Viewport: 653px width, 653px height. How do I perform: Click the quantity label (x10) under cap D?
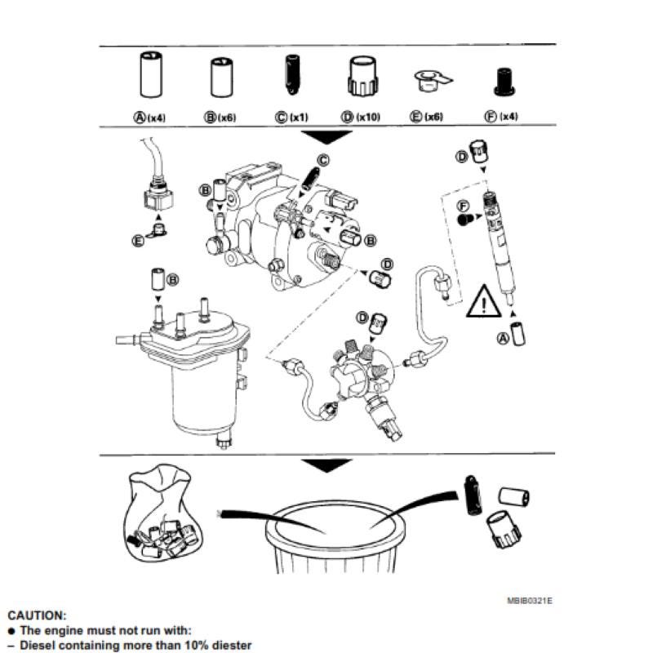point(368,117)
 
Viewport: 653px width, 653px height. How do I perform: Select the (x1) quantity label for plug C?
point(299,117)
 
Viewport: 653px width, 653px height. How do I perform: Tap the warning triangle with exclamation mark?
point(483,301)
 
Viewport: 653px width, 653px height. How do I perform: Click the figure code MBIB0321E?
point(529,601)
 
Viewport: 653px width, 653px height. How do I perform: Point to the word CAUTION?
point(37,615)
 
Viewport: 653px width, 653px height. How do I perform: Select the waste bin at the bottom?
point(335,537)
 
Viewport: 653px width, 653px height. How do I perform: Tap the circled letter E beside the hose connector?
point(138,241)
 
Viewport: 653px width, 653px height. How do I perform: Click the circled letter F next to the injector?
point(463,206)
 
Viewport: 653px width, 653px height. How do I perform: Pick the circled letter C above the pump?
point(323,160)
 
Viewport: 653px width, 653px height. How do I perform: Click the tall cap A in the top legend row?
point(151,74)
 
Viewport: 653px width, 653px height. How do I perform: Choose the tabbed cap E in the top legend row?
point(433,81)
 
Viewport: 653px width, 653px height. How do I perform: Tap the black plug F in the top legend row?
point(504,82)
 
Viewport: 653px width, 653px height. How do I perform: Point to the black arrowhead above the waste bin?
point(326,465)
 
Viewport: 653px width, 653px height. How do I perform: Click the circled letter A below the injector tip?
point(504,338)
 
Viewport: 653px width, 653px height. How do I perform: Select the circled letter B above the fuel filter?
point(172,279)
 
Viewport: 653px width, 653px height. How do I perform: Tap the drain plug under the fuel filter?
point(224,441)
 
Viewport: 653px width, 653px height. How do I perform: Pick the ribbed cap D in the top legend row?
point(362,76)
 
